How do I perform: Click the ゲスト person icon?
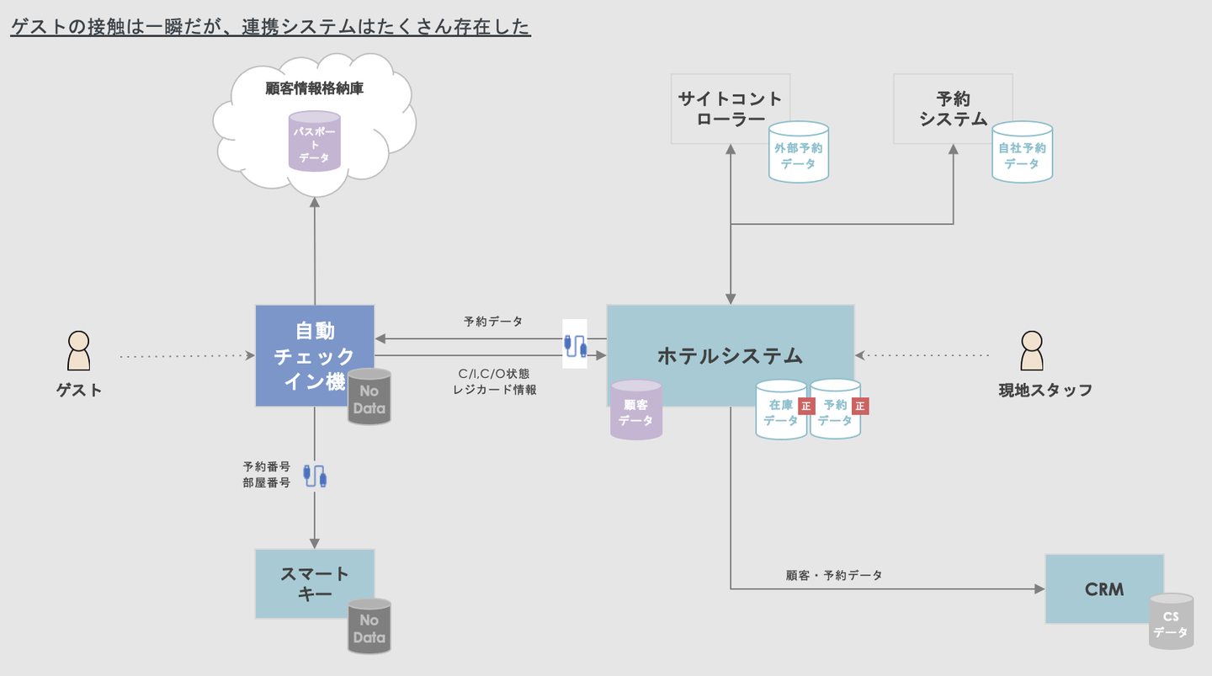click(78, 350)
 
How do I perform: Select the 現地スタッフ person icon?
click(1032, 350)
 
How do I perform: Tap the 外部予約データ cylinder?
click(799, 152)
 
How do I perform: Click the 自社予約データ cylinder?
click(1022, 152)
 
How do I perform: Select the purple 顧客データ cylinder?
click(636, 410)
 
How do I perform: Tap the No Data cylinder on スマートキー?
click(369, 626)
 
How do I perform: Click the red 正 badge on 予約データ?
click(860, 406)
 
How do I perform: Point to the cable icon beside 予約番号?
click(315, 476)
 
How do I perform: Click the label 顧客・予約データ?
click(834, 576)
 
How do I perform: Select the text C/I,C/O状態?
click(494, 374)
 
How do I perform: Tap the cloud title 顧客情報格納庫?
click(315, 88)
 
